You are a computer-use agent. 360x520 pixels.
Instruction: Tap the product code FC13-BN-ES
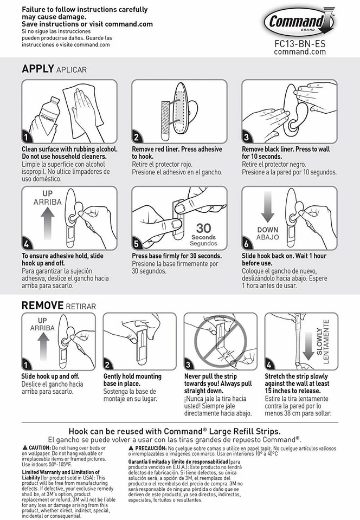pyautogui.click(x=300, y=43)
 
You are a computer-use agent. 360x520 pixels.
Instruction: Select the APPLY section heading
pyautogui.click(x=37, y=69)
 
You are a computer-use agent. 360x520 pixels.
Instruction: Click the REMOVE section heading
pyautogui.click(x=42, y=305)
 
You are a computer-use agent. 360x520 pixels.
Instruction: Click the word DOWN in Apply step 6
pyautogui.click(x=268, y=230)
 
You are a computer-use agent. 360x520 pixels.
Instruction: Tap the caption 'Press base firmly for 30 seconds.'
pyautogui.click(x=177, y=256)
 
